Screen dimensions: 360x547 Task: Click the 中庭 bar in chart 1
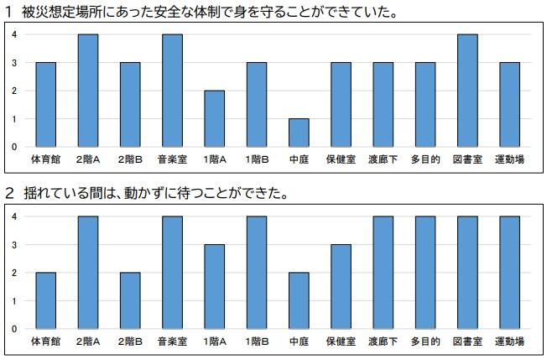tap(299, 133)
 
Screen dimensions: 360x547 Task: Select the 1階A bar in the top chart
tap(215, 118)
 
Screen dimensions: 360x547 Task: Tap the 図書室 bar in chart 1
tap(466, 91)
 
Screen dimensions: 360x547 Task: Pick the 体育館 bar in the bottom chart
tap(46, 300)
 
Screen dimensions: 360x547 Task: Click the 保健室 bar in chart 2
tap(341, 286)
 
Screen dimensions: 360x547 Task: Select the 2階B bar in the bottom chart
tap(130, 300)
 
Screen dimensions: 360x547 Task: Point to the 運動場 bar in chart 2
tap(508, 273)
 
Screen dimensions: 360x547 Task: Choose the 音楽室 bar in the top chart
tap(172, 91)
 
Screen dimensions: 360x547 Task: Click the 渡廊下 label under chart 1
tap(383, 159)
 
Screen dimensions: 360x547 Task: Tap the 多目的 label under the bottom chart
tap(425, 342)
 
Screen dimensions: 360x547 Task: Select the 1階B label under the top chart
tap(257, 159)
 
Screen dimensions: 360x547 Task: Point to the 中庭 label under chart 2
tap(299, 342)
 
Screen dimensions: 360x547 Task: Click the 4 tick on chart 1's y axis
tap(14, 34)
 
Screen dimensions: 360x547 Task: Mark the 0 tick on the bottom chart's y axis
tap(14, 329)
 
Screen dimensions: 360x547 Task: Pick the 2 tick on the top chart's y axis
tap(14, 91)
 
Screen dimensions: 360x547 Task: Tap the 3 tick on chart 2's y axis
tap(14, 245)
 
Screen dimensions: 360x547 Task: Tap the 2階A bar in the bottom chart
tap(88, 273)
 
